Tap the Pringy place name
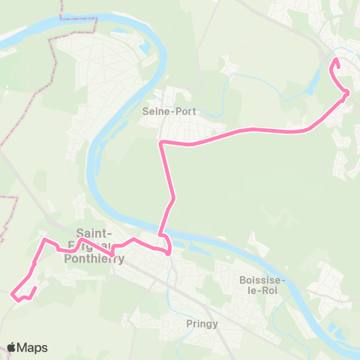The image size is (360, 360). (x=202, y=324)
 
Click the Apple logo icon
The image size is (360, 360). (x=12, y=347)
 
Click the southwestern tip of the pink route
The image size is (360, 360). (x=13, y=294)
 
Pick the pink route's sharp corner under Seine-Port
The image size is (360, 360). (x=161, y=141)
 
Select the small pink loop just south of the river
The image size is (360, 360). (x=167, y=247)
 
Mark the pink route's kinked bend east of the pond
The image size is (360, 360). (x=346, y=93)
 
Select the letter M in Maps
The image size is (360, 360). (x=24, y=348)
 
